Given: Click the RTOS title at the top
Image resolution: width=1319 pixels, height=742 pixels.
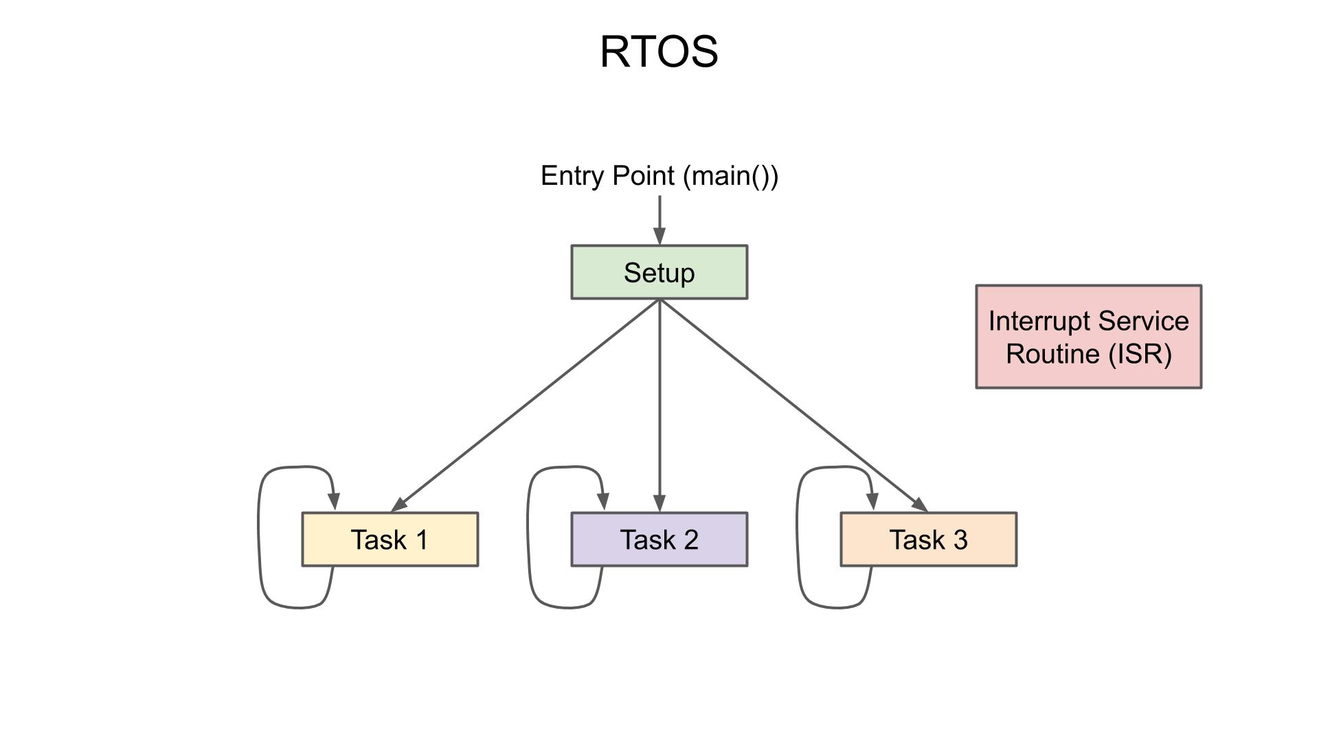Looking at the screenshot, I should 659,52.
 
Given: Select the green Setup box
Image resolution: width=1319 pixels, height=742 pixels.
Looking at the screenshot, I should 659,273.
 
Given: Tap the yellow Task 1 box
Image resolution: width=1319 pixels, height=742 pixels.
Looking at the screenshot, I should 390,540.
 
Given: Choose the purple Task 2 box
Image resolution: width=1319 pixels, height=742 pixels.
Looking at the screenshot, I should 659,540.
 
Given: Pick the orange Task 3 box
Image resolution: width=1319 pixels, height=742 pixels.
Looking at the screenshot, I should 928,540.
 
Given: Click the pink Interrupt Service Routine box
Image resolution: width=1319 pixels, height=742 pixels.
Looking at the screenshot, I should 1088,337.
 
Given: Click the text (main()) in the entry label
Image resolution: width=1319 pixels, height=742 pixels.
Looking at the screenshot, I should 731,176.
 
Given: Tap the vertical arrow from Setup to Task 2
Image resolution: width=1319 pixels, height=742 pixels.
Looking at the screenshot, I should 659,405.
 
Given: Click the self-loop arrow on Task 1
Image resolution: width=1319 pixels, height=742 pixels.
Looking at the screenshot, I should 259,536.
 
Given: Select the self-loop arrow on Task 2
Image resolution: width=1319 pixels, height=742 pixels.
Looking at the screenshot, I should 528,536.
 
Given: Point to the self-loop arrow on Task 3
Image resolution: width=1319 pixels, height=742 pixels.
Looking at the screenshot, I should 798,536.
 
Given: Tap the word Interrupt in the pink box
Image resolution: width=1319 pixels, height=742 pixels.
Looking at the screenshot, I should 1039,322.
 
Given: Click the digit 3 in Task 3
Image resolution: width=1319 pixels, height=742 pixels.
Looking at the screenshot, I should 960,540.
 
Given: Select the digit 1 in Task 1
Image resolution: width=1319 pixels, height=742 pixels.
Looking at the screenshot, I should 421,540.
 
